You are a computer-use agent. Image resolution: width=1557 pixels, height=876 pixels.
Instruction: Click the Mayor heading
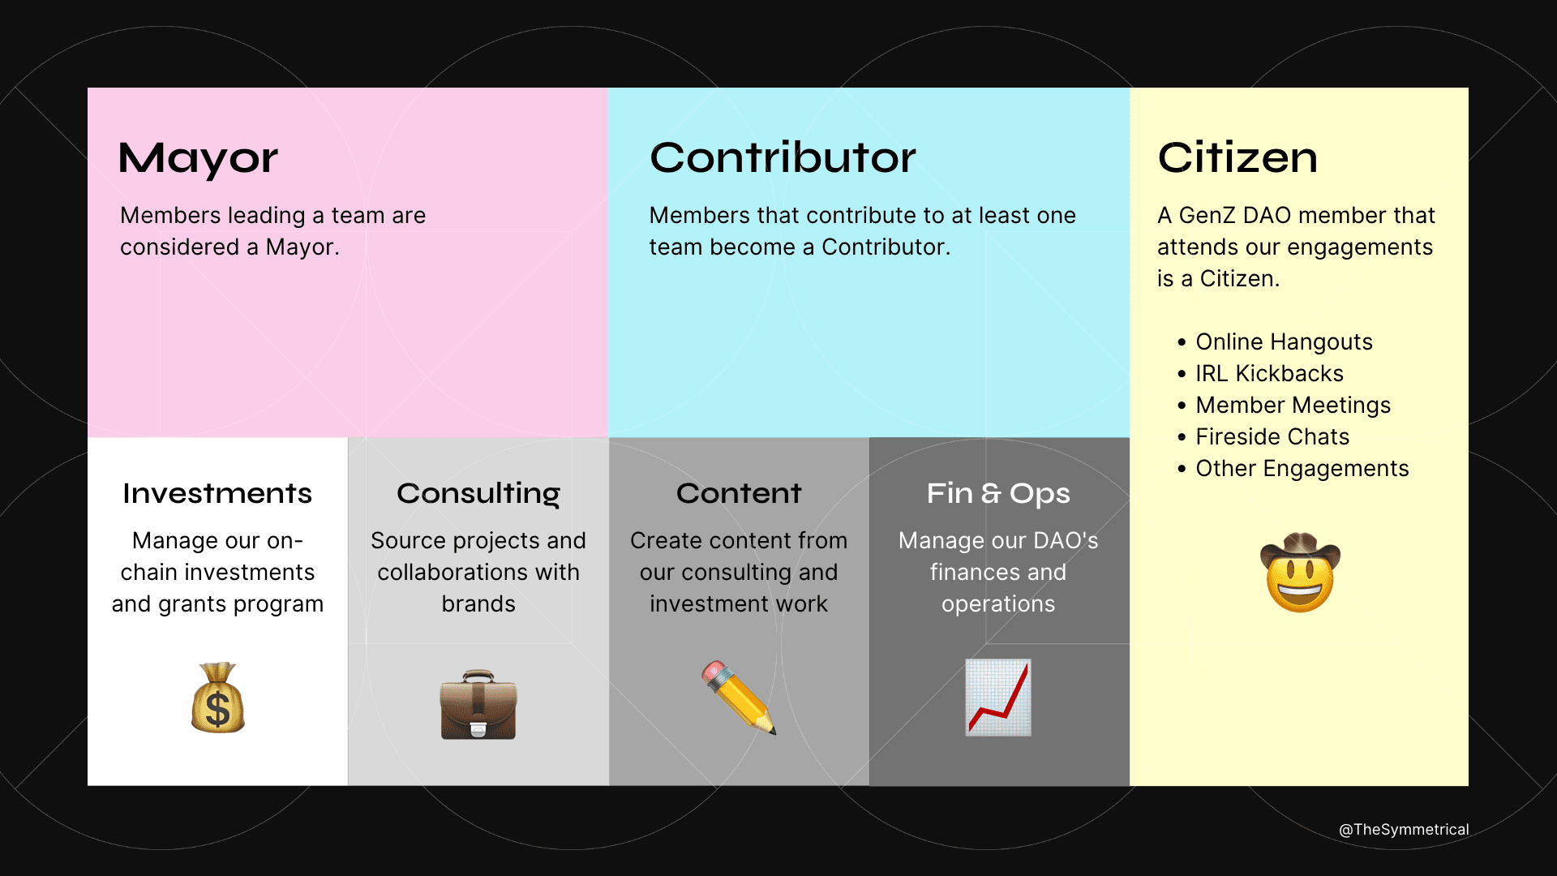click(198, 158)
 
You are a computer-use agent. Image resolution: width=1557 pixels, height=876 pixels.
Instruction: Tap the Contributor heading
click(783, 157)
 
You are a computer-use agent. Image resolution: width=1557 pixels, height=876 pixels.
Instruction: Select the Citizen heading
click(1237, 157)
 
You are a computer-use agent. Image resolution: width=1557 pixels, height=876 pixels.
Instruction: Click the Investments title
click(217, 493)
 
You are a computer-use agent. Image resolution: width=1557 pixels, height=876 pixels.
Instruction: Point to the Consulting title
click(478, 493)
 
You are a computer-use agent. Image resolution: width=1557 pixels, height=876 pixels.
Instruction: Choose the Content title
click(739, 493)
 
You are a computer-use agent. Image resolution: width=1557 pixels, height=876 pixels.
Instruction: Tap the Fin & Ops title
click(998, 493)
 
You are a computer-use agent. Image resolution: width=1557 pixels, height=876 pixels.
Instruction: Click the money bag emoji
click(217, 698)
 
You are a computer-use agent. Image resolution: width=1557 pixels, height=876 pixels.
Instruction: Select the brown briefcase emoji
click(478, 704)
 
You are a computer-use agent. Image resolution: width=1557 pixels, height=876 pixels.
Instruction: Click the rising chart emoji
click(998, 698)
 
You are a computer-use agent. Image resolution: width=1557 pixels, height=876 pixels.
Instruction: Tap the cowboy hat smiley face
click(1300, 572)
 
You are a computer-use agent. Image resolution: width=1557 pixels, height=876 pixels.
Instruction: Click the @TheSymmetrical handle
click(1404, 830)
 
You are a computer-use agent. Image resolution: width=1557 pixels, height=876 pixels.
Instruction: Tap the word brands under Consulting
click(478, 604)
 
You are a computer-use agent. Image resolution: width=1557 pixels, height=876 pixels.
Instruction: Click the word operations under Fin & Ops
click(998, 604)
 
